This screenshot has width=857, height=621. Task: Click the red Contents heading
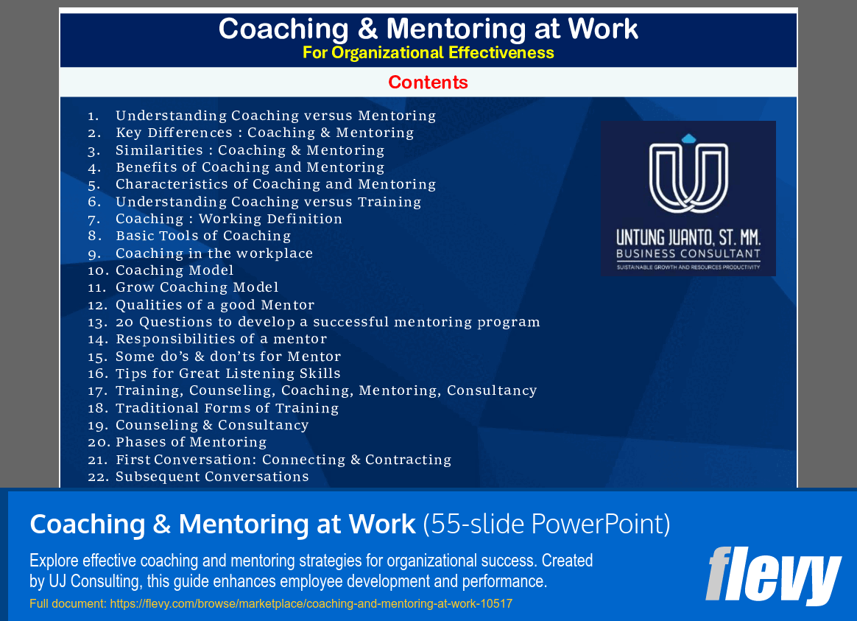click(x=428, y=82)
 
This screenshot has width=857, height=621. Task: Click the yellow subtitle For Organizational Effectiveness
click(x=428, y=53)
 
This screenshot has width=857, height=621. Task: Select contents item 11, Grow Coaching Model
click(x=197, y=287)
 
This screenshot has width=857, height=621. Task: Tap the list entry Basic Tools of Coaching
click(x=203, y=236)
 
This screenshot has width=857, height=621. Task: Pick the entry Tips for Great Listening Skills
click(x=228, y=373)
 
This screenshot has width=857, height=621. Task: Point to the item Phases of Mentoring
click(x=191, y=442)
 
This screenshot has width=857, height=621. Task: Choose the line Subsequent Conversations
click(x=212, y=477)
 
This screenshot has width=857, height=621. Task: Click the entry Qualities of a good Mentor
click(x=215, y=305)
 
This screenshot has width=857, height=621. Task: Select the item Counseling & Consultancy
click(x=212, y=425)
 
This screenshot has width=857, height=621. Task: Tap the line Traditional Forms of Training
click(x=227, y=408)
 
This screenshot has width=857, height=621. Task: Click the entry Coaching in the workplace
click(x=214, y=253)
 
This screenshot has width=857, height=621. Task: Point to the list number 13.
click(x=97, y=322)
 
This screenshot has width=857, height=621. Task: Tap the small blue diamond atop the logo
click(x=688, y=138)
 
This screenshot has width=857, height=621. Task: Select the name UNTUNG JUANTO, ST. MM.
click(x=688, y=239)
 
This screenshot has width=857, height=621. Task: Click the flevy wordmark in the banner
click(x=773, y=574)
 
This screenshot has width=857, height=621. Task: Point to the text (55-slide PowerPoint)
click(x=546, y=524)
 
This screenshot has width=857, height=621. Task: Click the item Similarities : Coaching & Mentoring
click(x=250, y=150)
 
